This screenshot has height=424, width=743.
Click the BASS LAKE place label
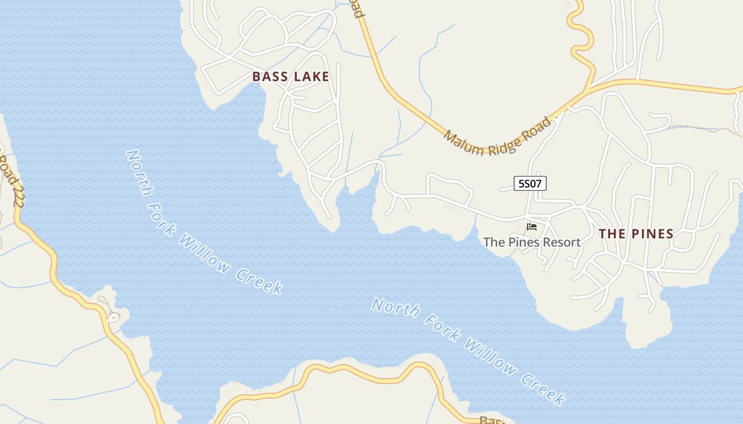pos(290,76)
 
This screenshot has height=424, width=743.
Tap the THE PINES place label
pos(636,234)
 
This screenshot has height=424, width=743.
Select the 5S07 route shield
pos(530,183)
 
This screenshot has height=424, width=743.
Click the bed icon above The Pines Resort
pos(531,227)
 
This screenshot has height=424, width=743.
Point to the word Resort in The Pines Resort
pos(560,242)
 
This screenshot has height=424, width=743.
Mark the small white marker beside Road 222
pos(113,317)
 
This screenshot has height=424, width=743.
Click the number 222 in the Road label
pos(17,190)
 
